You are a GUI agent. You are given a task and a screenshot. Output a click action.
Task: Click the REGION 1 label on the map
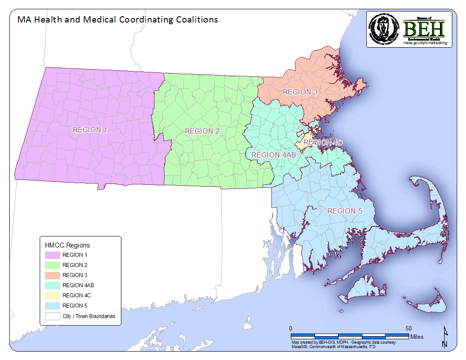point(90,130)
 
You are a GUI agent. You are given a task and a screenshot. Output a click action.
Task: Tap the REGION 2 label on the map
point(203,131)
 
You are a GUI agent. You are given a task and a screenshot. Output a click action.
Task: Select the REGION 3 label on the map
point(301,92)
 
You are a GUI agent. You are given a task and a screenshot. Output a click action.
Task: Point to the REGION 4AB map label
point(271,155)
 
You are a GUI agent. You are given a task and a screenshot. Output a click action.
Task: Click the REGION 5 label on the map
point(345,211)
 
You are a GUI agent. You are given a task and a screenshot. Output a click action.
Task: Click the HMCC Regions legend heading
point(67,245)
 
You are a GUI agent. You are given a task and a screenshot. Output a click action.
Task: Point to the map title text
point(117,20)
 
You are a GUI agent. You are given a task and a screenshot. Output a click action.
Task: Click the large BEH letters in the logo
point(424,30)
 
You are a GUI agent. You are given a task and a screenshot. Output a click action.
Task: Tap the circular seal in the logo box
point(383,29)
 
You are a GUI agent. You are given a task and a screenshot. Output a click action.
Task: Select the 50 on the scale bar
point(409,329)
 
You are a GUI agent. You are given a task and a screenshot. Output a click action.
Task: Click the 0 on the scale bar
point(290,329)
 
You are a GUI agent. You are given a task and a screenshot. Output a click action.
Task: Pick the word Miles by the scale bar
point(417,337)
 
